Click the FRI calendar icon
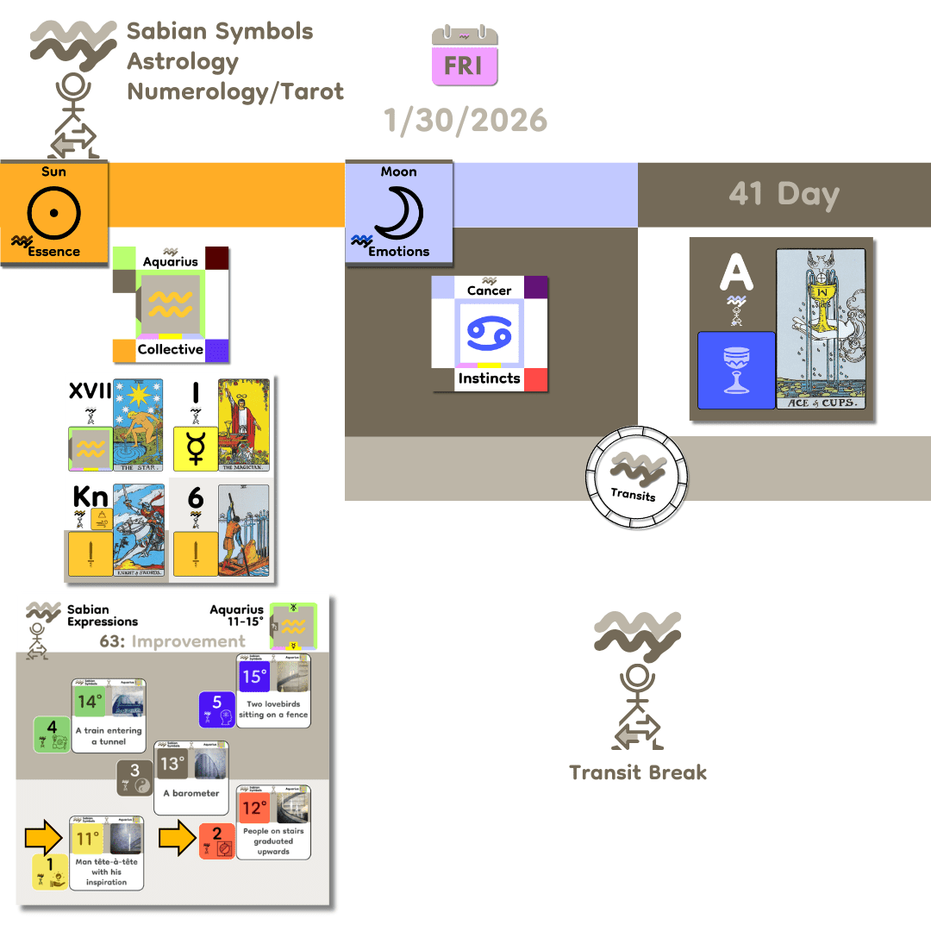[465, 56]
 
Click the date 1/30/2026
[465, 120]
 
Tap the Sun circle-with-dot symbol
[53, 210]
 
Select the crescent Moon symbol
[398, 210]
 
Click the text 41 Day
[784, 194]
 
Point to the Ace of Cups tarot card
[824, 328]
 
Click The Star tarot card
[137, 425]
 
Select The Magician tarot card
[244, 425]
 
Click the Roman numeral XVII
[90, 392]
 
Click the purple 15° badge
[253, 677]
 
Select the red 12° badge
[254, 809]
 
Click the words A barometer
[191, 793]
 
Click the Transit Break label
[638, 772]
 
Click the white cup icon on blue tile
[736, 370]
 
